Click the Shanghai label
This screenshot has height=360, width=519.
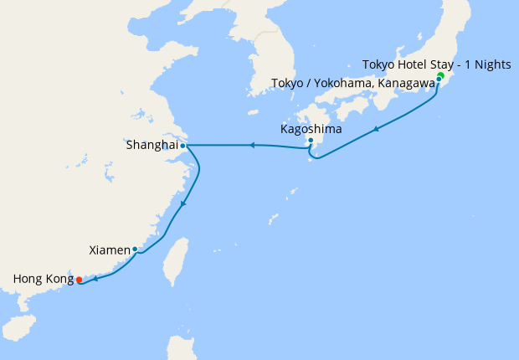152,145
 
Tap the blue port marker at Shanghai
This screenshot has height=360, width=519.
182,146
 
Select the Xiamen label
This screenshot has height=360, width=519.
109,249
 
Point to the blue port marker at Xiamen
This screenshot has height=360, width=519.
135,249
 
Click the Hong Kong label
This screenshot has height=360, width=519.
42,279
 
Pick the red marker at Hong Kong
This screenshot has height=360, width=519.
79,280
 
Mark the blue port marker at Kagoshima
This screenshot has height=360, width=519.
311,141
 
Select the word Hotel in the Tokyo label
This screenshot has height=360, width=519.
414,64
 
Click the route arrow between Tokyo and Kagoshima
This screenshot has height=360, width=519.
377,128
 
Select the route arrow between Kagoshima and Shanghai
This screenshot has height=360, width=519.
251,146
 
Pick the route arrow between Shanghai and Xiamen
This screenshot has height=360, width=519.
184,204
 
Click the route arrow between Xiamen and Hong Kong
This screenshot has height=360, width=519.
95,279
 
